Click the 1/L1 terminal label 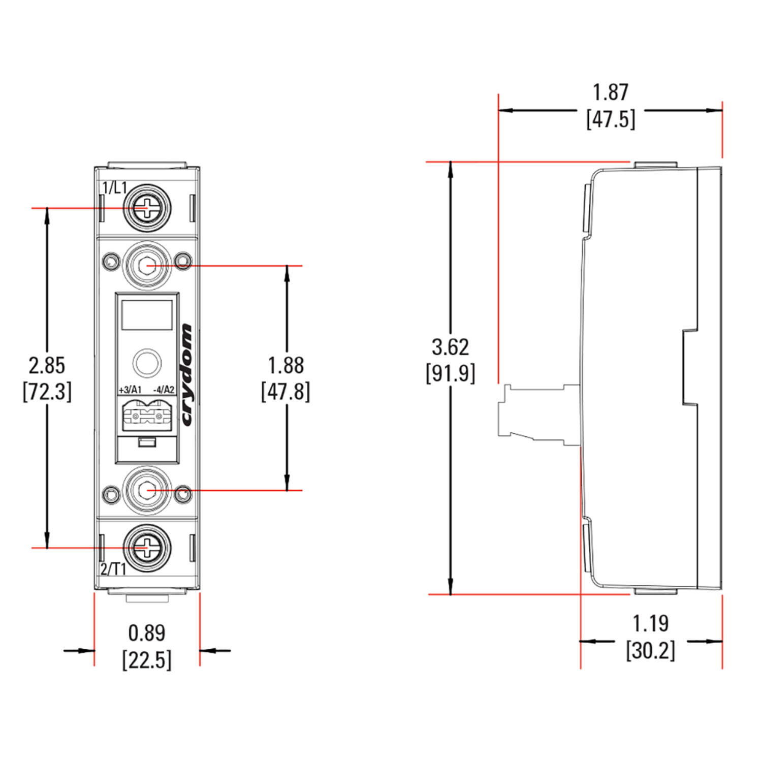click(114, 188)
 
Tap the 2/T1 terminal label click(113, 569)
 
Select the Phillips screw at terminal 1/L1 click(147, 208)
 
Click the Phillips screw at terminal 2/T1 click(147, 548)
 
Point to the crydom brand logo click(186, 375)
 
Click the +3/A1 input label click(130, 390)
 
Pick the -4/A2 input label click(164, 390)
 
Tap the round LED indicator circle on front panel click(147, 363)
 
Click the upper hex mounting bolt click(147, 265)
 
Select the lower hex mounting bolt click(147, 490)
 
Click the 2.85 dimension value click(47, 365)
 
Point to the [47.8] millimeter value click(285, 392)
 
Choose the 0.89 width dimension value click(147, 633)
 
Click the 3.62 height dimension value click(451, 347)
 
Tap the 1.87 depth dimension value click(611, 92)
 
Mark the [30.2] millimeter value click(651, 650)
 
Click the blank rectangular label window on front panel click(147, 315)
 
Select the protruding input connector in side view click(538, 414)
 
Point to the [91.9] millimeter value click(451, 373)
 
